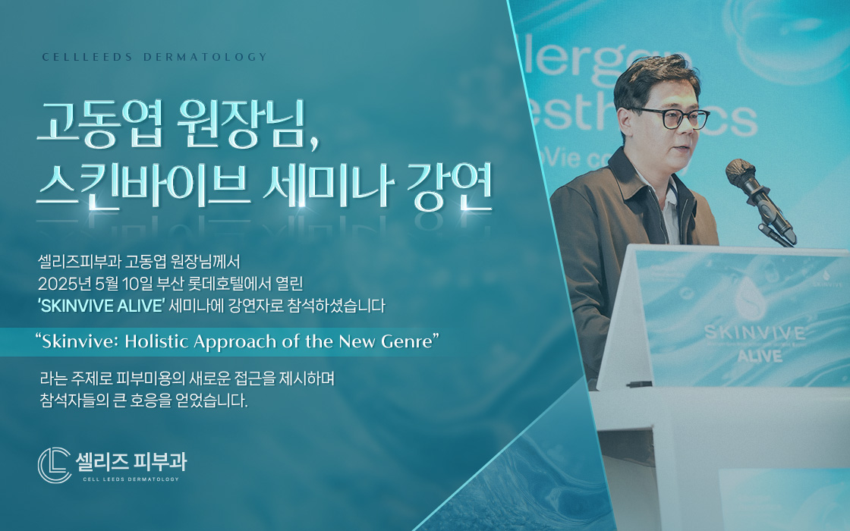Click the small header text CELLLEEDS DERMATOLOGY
pos(155,57)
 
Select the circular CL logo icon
pos(54,465)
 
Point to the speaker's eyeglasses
pos(672,118)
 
